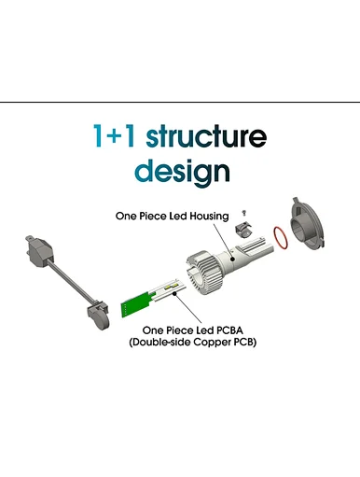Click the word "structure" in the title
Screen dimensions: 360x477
[x=206, y=136]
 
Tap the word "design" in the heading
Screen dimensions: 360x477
[x=182, y=171]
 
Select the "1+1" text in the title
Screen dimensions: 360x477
[x=115, y=135]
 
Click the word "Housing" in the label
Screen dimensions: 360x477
[x=209, y=216]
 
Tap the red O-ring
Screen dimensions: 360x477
[x=281, y=238]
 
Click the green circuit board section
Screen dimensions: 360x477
[x=135, y=304]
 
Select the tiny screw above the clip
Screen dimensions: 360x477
[x=244, y=214]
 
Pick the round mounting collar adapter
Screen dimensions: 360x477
[x=307, y=225]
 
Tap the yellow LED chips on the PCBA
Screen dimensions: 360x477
[x=171, y=287]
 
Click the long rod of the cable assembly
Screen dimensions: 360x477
[x=71, y=284]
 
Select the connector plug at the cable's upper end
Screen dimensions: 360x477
[x=39, y=252]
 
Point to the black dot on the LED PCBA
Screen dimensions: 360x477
[x=174, y=293]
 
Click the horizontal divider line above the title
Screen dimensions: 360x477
[x=180, y=102]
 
